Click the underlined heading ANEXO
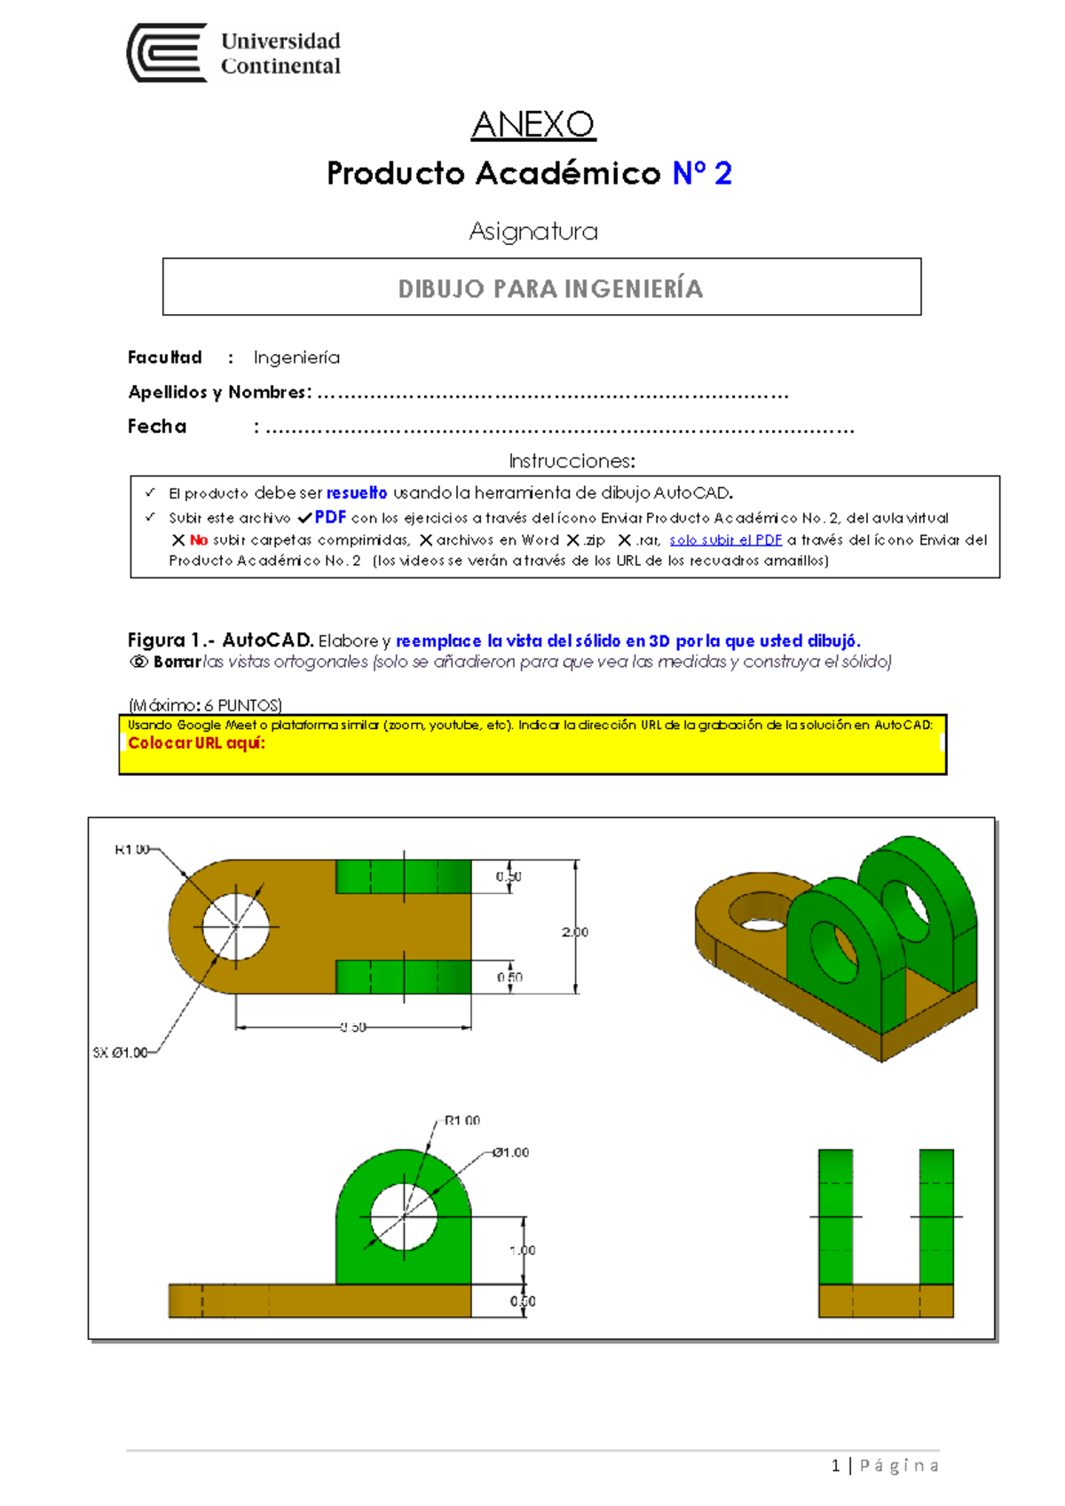coord(532,125)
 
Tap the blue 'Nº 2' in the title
coord(701,173)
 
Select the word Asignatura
coord(532,231)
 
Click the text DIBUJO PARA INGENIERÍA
coord(549,288)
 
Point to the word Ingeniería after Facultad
coord(296,357)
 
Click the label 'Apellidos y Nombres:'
coord(219,392)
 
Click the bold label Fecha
coord(157,427)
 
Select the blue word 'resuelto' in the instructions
coord(356,493)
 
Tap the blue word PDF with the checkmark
coord(330,517)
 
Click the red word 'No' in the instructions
coord(199,540)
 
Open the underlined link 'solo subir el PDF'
coord(725,540)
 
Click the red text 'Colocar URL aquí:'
coord(196,743)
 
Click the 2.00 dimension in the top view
coord(574,932)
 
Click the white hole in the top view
coord(235,926)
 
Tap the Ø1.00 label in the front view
coord(510,1152)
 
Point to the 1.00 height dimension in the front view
coord(523,1250)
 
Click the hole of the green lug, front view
coord(404,1216)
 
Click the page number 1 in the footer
coord(835,1465)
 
